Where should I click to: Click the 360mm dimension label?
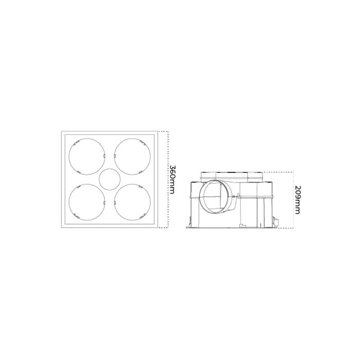[172, 179]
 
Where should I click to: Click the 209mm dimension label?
[297, 200]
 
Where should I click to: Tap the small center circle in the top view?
[110, 179]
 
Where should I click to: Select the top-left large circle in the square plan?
[69, 156]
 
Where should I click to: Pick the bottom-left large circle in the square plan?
[69, 202]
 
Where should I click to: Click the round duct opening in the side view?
[200, 197]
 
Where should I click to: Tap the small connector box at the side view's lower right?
[275, 221]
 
